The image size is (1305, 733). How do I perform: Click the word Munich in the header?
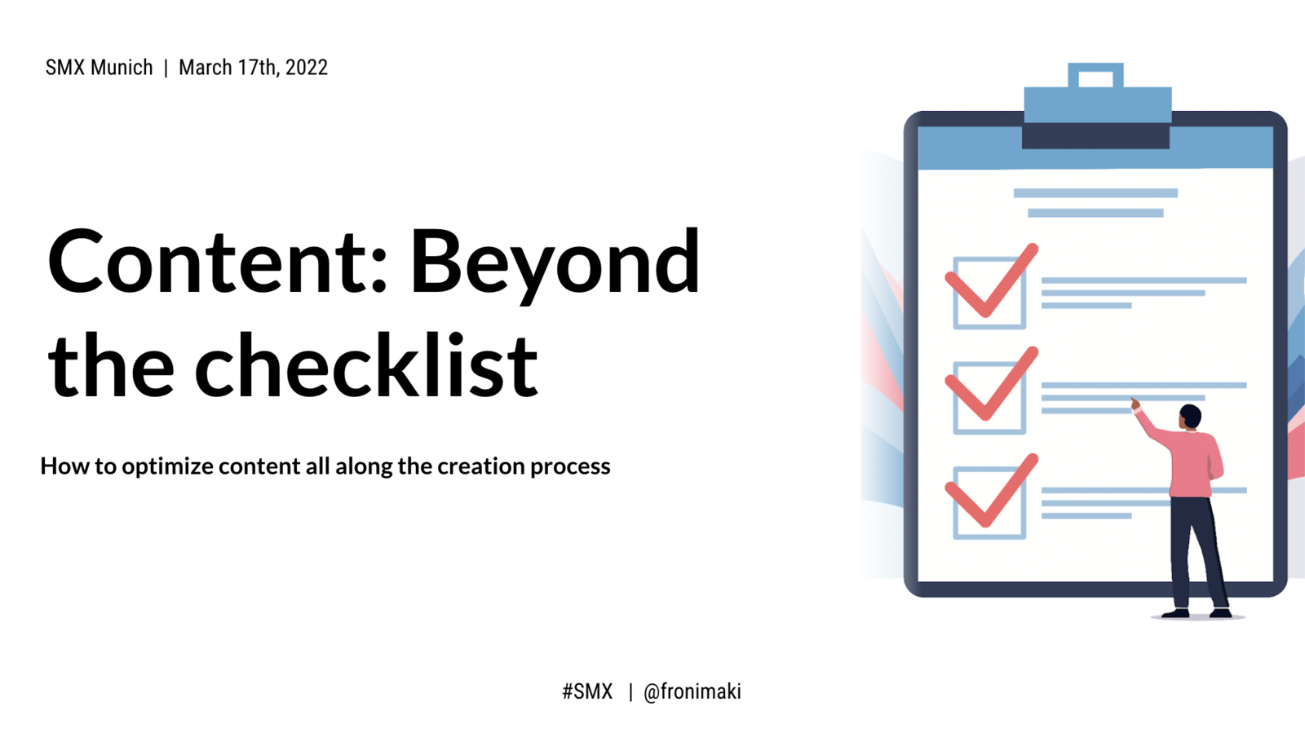[122, 68]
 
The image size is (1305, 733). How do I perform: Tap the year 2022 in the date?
[307, 68]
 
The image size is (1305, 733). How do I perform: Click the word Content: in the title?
[217, 262]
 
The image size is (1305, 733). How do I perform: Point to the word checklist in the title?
[366, 364]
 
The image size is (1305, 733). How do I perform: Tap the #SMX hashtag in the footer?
[587, 691]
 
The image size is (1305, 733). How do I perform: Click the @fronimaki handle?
[692, 691]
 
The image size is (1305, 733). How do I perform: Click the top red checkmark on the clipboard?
[990, 282]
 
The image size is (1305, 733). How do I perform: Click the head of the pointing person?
[1190, 417]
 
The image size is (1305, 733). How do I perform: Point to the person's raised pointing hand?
[1135, 404]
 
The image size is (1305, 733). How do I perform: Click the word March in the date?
[205, 68]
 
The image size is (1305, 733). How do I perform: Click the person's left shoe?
[1175, 612]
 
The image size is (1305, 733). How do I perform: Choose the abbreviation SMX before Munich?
[66, 68]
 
